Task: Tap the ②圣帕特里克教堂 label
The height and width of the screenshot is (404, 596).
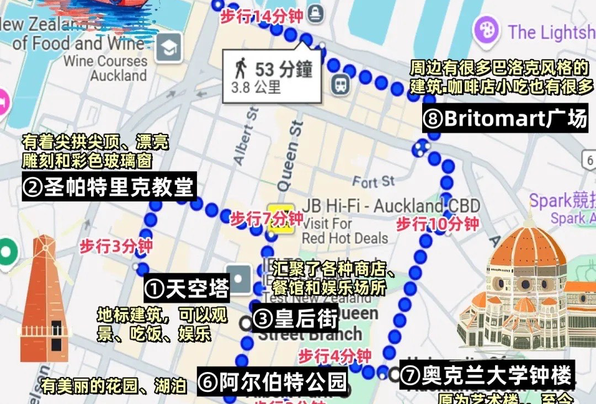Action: [109, 188]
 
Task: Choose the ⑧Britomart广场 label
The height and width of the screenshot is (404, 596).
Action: [505, 119]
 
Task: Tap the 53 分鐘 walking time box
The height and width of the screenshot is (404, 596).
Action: [272, 76]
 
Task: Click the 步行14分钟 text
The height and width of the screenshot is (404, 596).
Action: [261, 17]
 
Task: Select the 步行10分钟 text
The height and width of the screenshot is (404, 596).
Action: [437, 224]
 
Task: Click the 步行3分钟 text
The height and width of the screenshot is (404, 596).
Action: [116, 246]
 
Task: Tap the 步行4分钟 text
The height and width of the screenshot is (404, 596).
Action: [335, 355]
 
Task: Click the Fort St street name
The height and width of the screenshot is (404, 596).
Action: [374, 181]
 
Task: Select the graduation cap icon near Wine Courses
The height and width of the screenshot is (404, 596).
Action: [169, 48]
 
